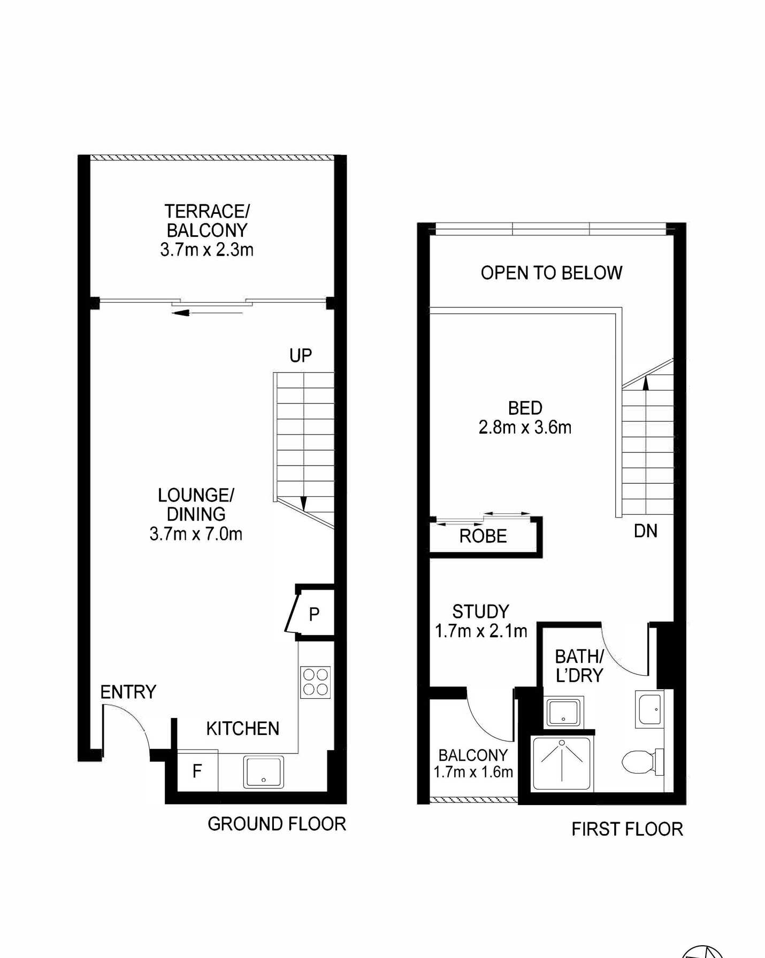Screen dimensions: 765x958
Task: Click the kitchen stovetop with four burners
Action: tap(315, 682)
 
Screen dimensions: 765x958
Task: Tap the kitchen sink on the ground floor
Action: tap(263, 772)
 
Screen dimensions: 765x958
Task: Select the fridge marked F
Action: tap(197, 770)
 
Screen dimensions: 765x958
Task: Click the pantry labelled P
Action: tap(315, 613)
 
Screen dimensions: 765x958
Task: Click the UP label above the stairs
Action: tap(301, 356)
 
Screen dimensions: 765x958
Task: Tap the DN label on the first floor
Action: tap(646, 531)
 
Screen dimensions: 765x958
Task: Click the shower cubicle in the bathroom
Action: tap(562, 763)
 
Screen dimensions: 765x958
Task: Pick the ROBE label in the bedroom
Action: tap(483, 536)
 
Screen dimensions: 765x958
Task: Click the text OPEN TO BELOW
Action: tap(552, 273)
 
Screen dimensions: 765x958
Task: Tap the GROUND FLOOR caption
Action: tap(277, 824)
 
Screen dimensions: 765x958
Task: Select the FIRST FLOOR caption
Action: tap(628, 829)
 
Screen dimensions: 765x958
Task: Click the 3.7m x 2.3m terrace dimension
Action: tap(207, 250)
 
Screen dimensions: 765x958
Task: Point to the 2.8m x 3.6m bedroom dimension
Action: tap(525, 428)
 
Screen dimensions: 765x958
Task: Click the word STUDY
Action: tap(480, 612)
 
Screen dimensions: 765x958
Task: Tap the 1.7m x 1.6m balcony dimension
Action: tap(473, 772)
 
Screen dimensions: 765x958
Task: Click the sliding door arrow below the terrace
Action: tap(208, 313)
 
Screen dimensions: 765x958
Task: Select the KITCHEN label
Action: tap(243, 729)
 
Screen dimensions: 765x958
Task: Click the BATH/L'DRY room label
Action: tap(579, 666)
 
